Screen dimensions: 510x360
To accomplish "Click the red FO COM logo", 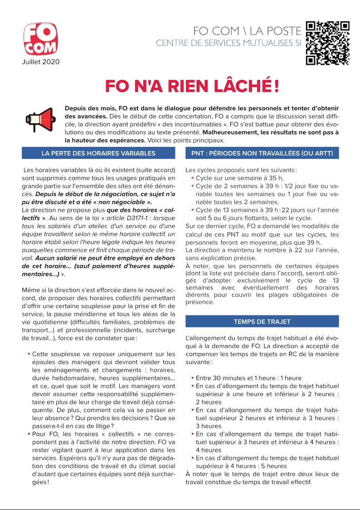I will tap(41, 39).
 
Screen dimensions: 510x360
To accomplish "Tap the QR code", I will tap(327, 43).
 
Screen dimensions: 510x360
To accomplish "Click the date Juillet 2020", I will tap(41, 61).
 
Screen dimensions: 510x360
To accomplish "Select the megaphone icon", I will tap(39, 119).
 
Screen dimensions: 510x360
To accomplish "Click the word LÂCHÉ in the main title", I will tap(238, 87).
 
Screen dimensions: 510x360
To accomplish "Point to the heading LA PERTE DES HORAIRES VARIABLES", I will tap(98, 153).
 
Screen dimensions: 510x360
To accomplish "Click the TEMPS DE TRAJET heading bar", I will tap(262, 322).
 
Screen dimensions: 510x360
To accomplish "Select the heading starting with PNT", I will tap(262, 153).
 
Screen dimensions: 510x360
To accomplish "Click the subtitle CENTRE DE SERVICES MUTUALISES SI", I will tap(228, 44).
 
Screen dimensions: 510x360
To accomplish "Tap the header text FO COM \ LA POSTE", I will tap(247, 31).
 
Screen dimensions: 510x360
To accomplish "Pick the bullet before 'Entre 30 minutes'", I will tap(193, 378).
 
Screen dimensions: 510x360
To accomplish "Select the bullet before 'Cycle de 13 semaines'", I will tap(193, 210).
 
